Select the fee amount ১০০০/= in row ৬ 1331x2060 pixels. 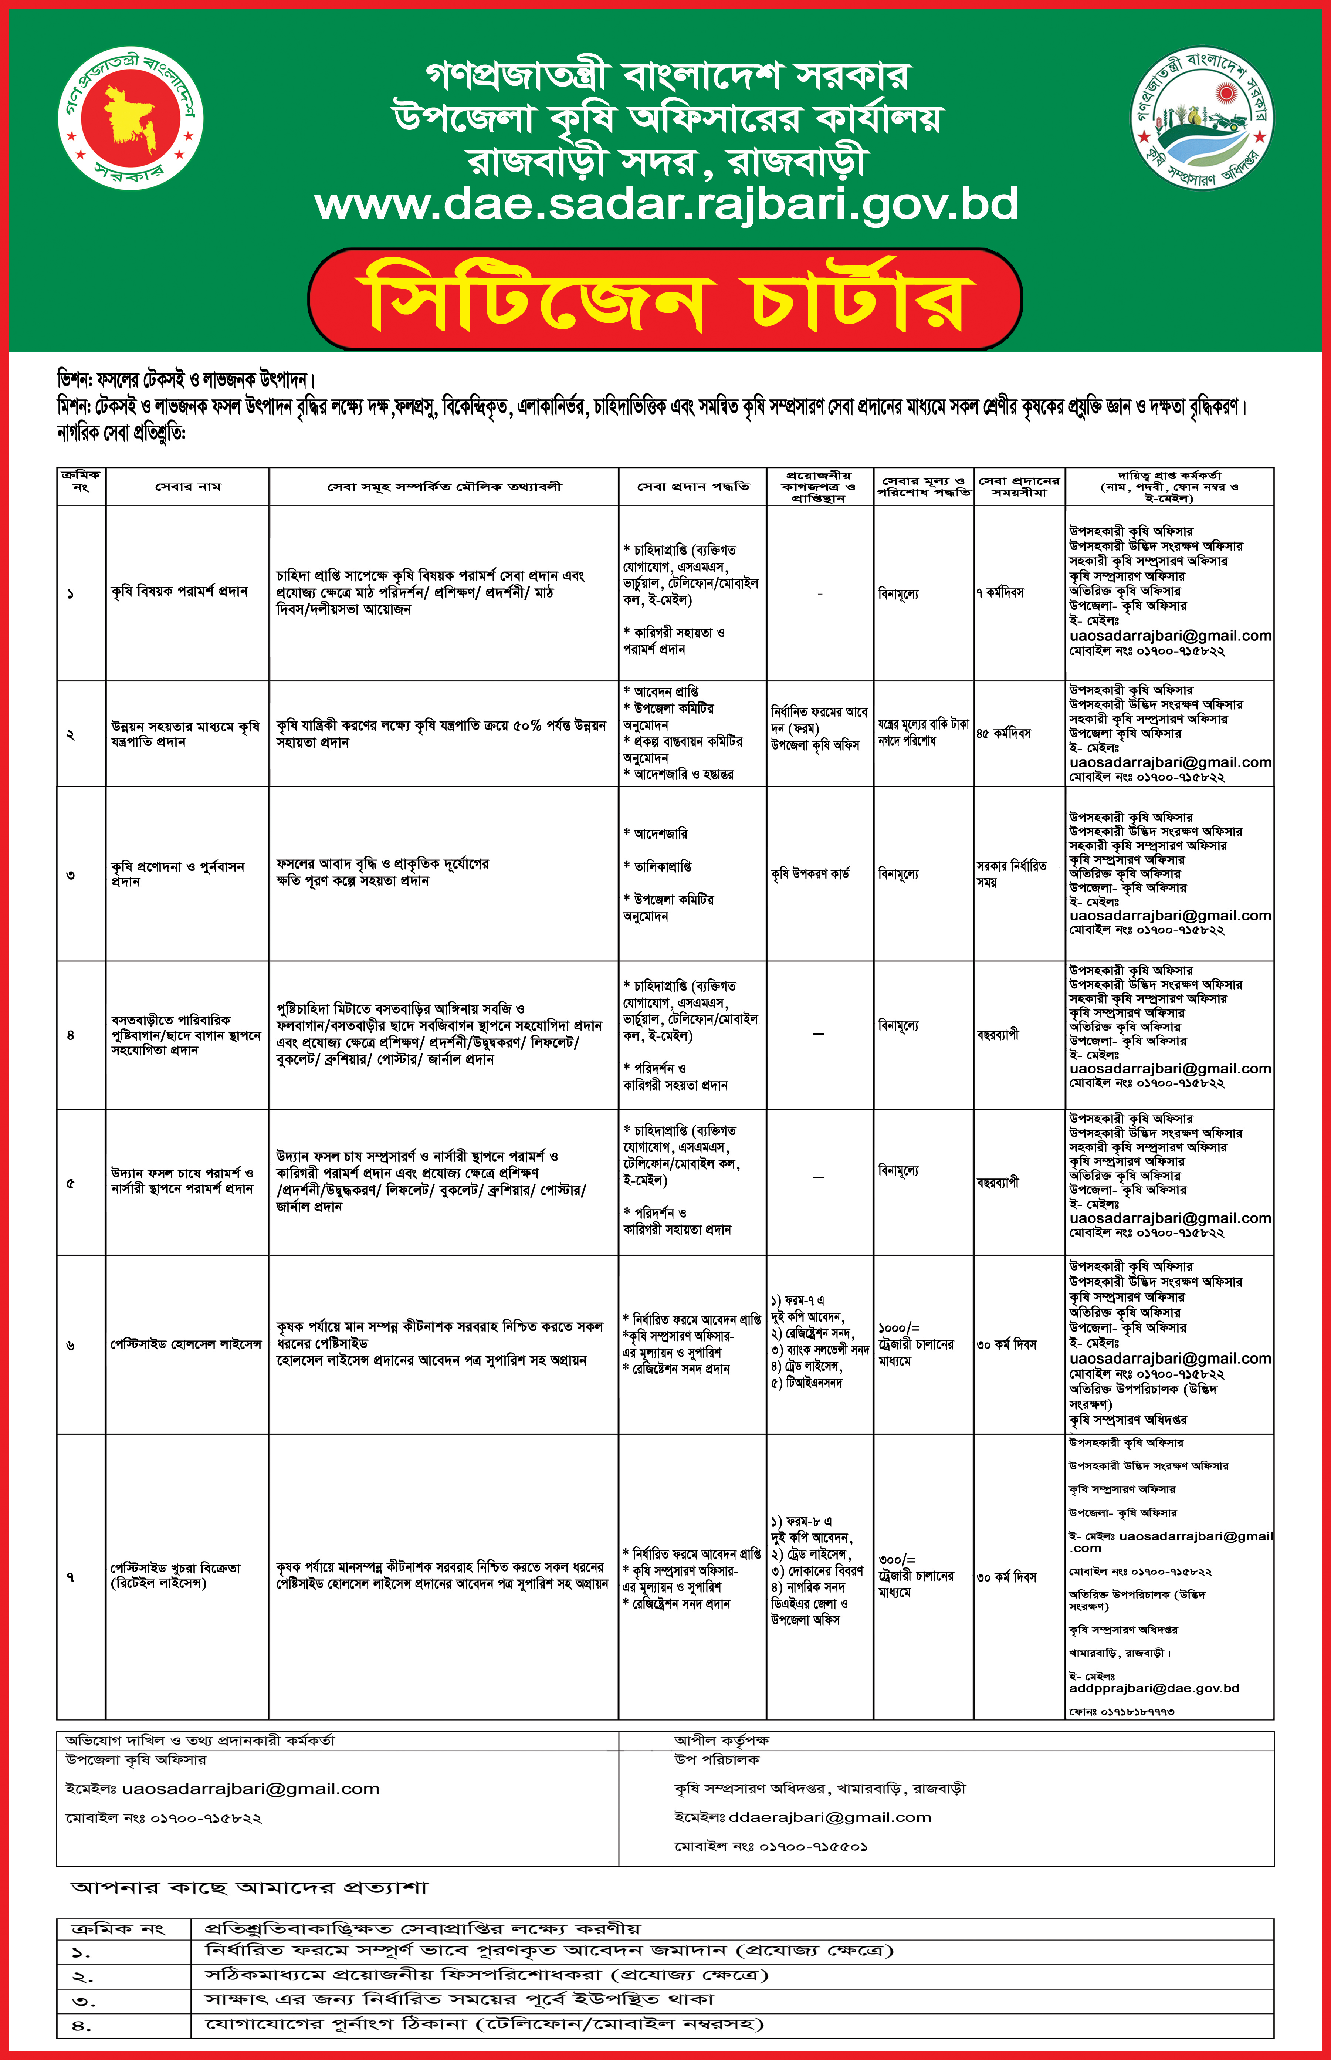coord(899,1328)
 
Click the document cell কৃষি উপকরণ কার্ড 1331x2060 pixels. coord(810,874)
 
